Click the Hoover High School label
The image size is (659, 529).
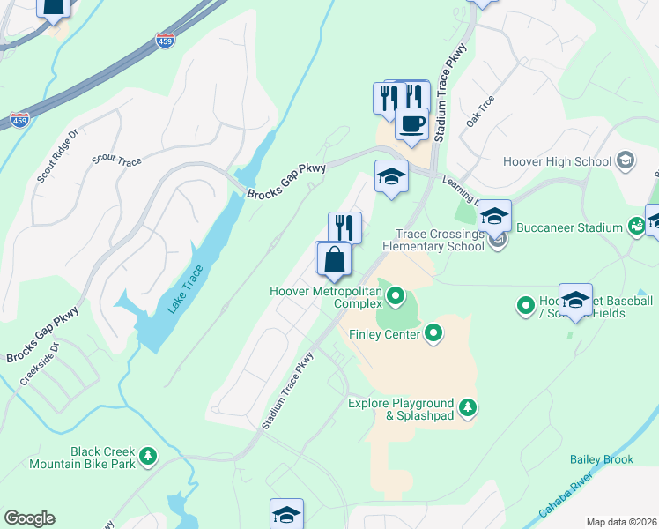tap(557, 161)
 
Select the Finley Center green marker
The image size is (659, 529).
tap(433, 333)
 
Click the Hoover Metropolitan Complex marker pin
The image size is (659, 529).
tap(396, 295)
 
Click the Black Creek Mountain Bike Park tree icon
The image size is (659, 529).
tap(149, 456)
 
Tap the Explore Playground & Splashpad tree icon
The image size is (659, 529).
tap(468, 407)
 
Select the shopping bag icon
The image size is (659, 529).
tap(335, 260)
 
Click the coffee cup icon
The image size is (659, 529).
tap(411, 123)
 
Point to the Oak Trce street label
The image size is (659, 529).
tap(480, 112)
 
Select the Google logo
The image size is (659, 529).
tap(29, 518)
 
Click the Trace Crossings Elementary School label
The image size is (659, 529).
tap(440, 240)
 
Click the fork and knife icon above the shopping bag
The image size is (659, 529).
tap(344, 227)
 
